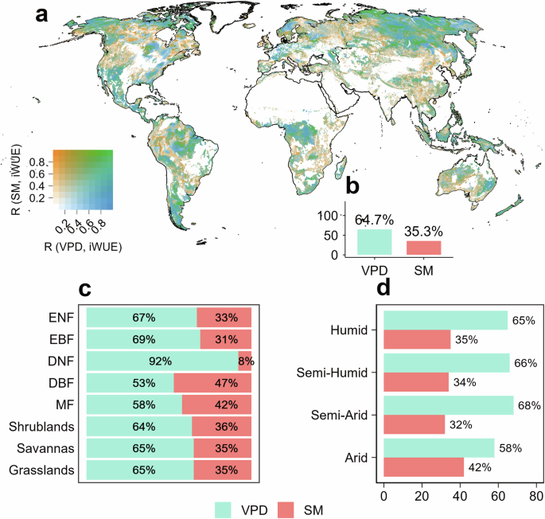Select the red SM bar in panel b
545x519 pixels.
424,248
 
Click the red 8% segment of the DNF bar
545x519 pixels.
245,360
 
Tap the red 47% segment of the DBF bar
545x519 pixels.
212,382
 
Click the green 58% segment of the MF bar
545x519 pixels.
134,404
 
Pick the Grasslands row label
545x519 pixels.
47,470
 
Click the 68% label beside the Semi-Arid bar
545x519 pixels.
529,405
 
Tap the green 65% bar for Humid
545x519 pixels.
445,320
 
